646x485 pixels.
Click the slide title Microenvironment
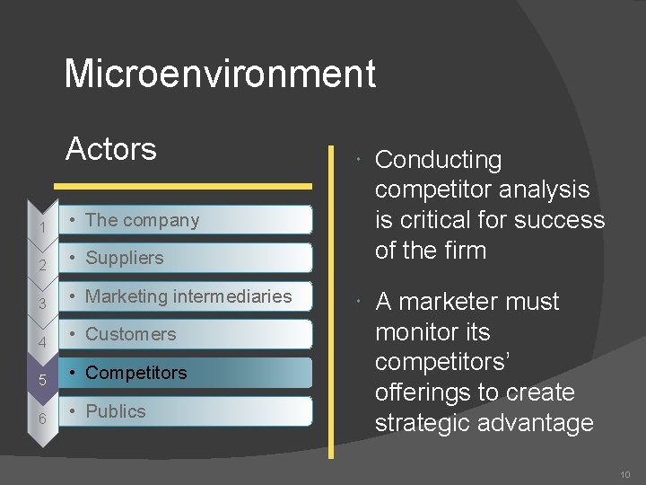click(x=220, y=74)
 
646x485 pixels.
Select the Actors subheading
click(x=111, y=148)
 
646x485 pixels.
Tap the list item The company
click(x=142, y=220)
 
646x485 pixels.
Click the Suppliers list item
click(x=125, y=258)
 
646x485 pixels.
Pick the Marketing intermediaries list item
click(x=188, y=296)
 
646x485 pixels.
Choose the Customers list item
click(x=131, y=334)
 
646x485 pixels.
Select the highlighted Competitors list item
click(x=136, y=373)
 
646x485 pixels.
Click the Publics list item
click(x=116, y=411)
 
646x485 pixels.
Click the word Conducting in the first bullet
click(x=438, y=160)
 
